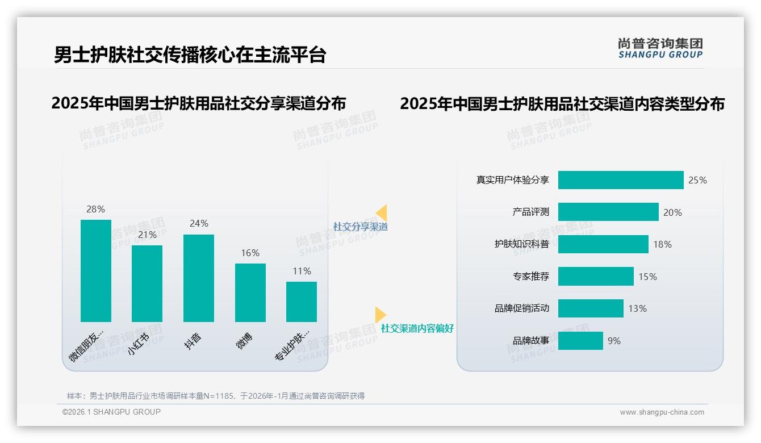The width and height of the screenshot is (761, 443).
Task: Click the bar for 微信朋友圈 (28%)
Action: [x=96, y=270]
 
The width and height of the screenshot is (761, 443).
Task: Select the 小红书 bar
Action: [x=147, y=283]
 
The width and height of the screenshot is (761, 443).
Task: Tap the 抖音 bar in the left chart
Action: [x=199, y=278]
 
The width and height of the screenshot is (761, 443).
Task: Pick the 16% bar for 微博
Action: [x=250, y=292]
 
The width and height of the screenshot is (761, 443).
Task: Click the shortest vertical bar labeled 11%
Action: [x=302, y=302]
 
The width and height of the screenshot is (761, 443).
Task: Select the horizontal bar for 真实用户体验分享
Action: [x=621, y=180]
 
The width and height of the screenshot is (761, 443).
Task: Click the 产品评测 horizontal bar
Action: [x=608, y=212]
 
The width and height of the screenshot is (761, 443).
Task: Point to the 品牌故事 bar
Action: [x=580, y=341]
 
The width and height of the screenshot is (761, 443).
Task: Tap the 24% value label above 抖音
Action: [x=199, y=224]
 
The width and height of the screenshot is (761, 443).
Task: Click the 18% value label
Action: [x=662, y=244]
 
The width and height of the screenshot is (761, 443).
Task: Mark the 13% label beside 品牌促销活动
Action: [x=637, y=308]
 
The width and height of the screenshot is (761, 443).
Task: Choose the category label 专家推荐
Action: [x=530, y=277]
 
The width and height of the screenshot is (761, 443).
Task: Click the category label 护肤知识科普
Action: [x=521, y=244]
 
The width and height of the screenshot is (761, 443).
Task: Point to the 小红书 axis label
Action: [x=139, y=344]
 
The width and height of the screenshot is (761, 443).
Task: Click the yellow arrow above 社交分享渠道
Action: [x=382, y=213]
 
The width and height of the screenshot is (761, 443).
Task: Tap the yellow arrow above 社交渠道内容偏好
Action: [x=380, y=315]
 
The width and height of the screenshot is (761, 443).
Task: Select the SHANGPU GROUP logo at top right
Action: [x=660, y=48]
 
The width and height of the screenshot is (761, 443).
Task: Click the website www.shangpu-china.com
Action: [x=662, y=412]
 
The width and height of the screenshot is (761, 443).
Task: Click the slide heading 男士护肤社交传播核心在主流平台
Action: [x=190, y=55]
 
